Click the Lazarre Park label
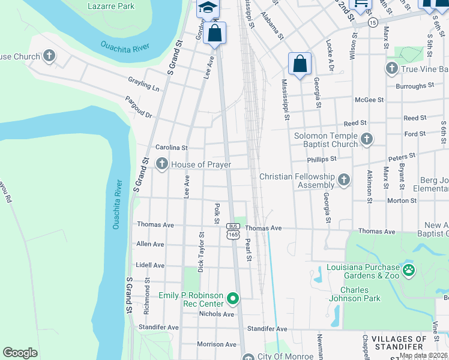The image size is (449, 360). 111,7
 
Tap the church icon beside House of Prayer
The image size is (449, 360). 161,164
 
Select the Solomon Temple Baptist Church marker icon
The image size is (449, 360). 366,140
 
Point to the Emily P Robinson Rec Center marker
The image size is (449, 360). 234,298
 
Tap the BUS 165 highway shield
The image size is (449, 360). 233,231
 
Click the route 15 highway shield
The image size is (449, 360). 373,22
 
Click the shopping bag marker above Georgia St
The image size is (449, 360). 300,64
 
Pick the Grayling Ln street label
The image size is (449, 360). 143,83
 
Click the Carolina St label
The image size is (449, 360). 172,147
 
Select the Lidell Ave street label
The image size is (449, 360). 150,265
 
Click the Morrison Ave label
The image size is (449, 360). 217,344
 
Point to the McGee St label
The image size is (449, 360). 369,100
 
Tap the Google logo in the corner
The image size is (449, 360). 20,352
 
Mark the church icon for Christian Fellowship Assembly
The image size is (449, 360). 343,179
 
